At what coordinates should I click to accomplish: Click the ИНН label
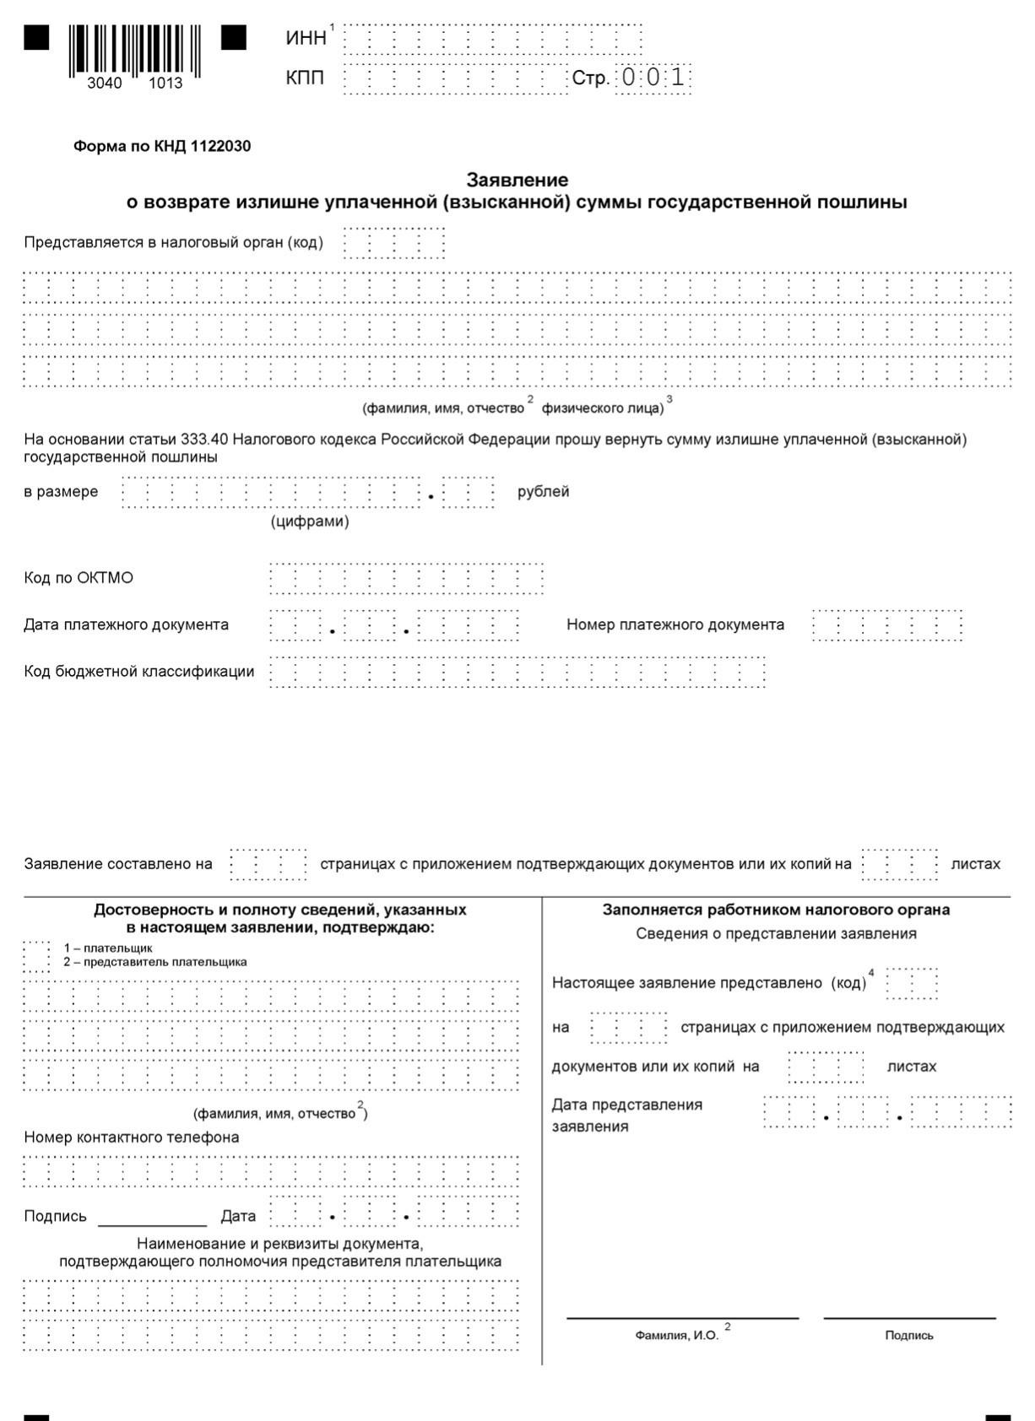(x=306, y=39)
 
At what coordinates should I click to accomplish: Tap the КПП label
(x=305, y=78)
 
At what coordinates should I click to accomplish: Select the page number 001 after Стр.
(x=653, y=78)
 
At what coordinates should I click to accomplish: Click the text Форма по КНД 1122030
(x=162, y=146)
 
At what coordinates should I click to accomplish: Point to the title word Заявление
(x=517, y=180)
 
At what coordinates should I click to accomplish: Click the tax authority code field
(x=393, y=243)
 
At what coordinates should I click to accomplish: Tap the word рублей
(x=543, y=492)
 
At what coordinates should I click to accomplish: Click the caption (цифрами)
(x=310, y=521)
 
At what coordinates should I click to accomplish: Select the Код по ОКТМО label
(x=79, y=578)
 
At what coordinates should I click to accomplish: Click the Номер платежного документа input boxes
(x=886, y=625)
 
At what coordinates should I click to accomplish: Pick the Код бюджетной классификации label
(x=139, y=672)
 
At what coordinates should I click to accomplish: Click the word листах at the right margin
(x=975, y=864)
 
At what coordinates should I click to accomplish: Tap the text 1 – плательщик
(x=108, y=948)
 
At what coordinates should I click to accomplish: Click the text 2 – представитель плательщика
(x=155, y=962)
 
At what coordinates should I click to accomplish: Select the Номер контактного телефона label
(x=132, y=1137)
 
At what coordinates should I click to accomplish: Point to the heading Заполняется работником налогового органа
(x=776, y=910)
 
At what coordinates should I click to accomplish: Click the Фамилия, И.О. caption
(x=677, y=1335)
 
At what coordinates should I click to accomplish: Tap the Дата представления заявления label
(x=626, y=1116)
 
